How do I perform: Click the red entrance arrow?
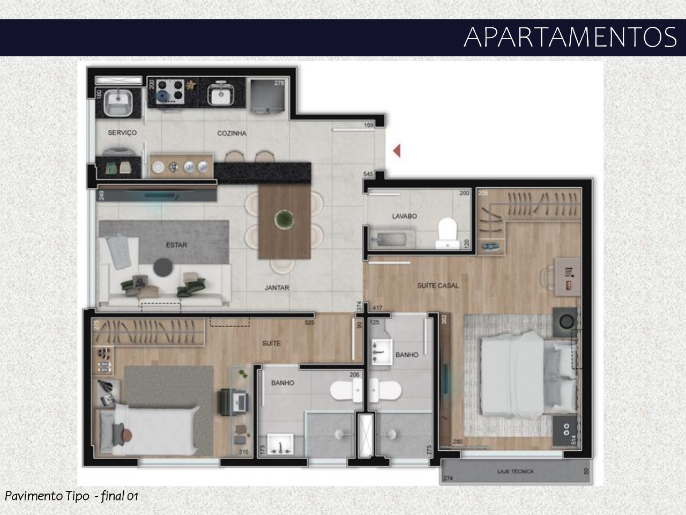[397, 151]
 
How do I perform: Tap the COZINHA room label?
[232, 133]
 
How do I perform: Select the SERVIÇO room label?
[122, 133]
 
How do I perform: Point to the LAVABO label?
[404, 216]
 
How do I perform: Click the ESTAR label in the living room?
[176, 245]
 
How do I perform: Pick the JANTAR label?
[277, 288]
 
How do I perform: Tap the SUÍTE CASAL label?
[438, 286]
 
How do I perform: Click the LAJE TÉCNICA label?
[515, 472]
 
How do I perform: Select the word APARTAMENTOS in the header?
[570, 37]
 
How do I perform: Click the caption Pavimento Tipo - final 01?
[71, 496]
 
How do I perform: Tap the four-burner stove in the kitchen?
[169, 91]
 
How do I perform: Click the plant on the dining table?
[284, 219]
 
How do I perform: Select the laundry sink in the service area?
[118, 101]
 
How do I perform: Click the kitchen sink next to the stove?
[219, 93]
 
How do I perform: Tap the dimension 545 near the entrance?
[368, 174]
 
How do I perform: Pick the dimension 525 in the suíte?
[310, 323]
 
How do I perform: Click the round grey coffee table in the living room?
[162, 267]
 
